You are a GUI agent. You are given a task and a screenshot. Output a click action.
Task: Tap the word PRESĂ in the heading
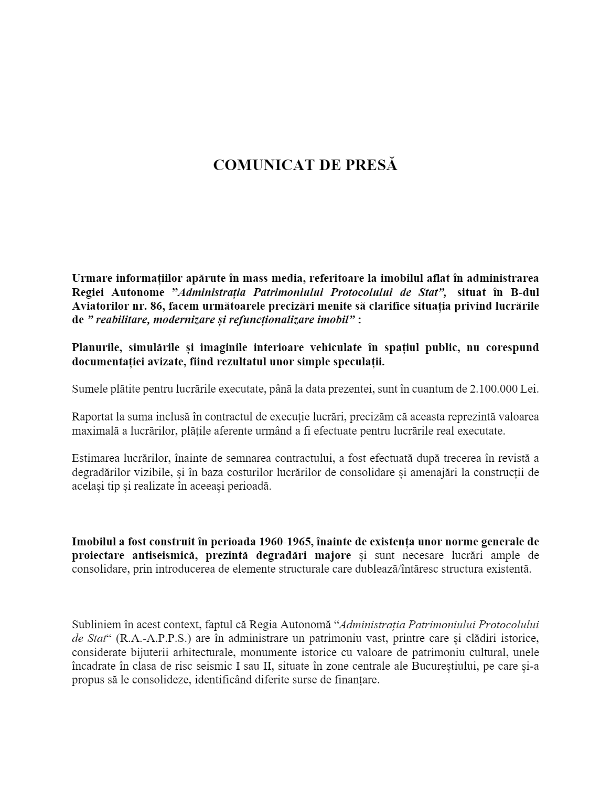pyautogui.click(x=371, y=165)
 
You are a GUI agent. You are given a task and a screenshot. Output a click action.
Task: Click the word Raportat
pyautogui.click(x=92, y=417)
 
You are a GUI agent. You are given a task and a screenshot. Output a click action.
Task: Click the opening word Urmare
pyautogui.click(x=90, y=278)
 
